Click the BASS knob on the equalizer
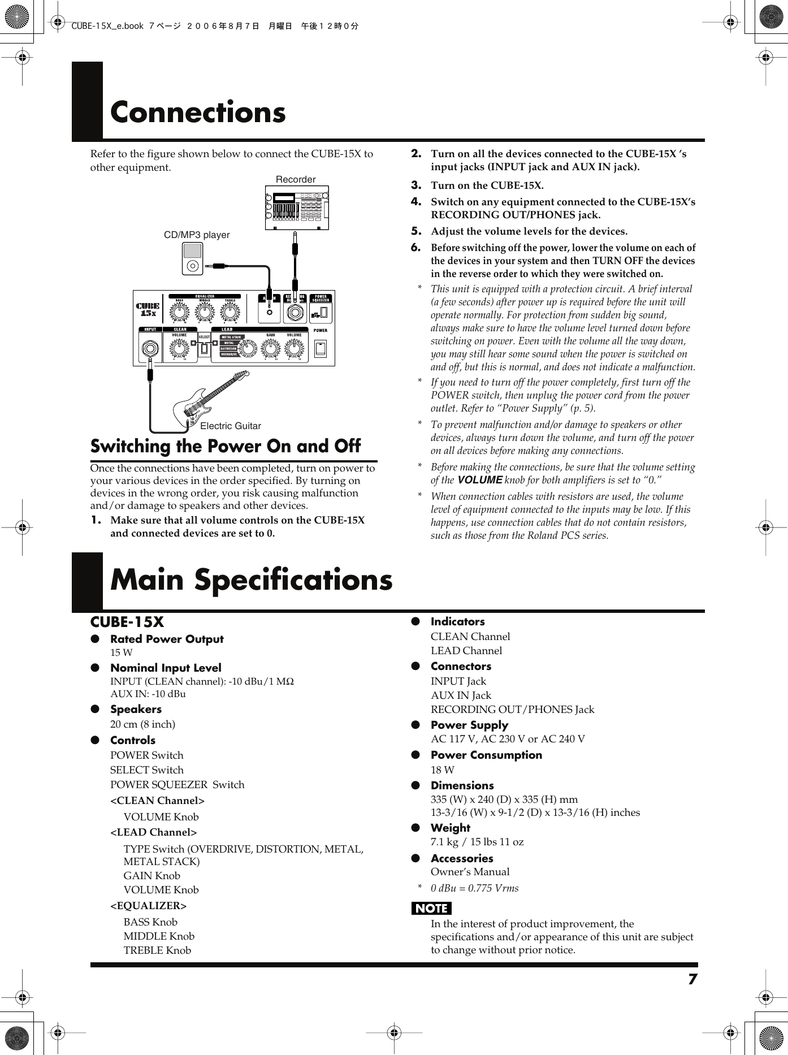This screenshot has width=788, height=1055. coord(179,312)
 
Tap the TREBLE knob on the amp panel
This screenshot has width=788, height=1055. coord(230,312)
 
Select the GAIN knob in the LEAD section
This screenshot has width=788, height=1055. coord(271,349)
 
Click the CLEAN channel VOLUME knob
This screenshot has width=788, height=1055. coord(179,349)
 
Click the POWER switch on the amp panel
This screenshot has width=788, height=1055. coord(321,349)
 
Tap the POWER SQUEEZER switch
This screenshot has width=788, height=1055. coord(323,312)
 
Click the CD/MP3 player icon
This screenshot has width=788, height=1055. coord(192,258)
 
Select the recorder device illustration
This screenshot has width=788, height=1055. coord(297,208)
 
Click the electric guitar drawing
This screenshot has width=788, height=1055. coord(210,399)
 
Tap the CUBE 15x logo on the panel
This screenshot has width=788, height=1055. coord(148,309)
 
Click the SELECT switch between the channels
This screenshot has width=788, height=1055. coord(205,349)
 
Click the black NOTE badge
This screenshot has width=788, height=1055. coord(431,908)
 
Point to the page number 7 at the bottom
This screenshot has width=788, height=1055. coord(692,979)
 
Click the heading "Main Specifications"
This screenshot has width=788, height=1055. coord(251,580)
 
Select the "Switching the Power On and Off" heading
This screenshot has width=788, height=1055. coord(226,446)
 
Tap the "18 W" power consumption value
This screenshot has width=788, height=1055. coord(442,769)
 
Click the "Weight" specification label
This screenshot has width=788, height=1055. coord(450,828)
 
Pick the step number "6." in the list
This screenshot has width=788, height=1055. coord(416,247)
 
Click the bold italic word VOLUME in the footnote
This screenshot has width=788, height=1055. coord(479,480)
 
